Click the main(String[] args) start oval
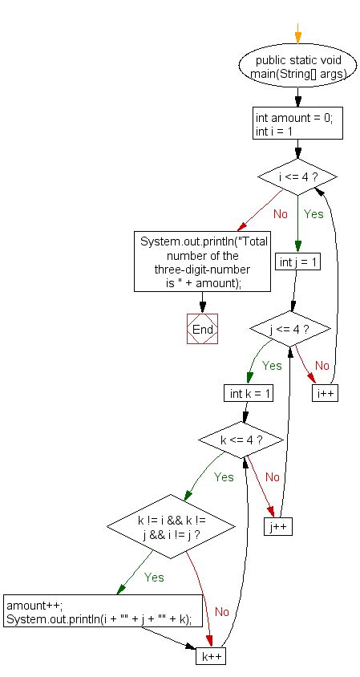tap(297, 68)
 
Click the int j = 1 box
tap(297, 262)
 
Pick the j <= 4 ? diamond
tap(289, 329)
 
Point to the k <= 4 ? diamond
tap(241, 440)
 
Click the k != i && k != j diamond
tap(171, 528)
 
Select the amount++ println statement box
tap(102, 611)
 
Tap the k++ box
tap(211, 655)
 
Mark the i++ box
tap(324, 394)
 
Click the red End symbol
tap(203, 330)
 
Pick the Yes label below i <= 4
tap(313, 214)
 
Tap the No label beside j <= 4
tap(322, 366)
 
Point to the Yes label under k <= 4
tap(224, 477)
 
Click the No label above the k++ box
tap(221, 611)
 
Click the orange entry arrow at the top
tap(297, 33)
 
